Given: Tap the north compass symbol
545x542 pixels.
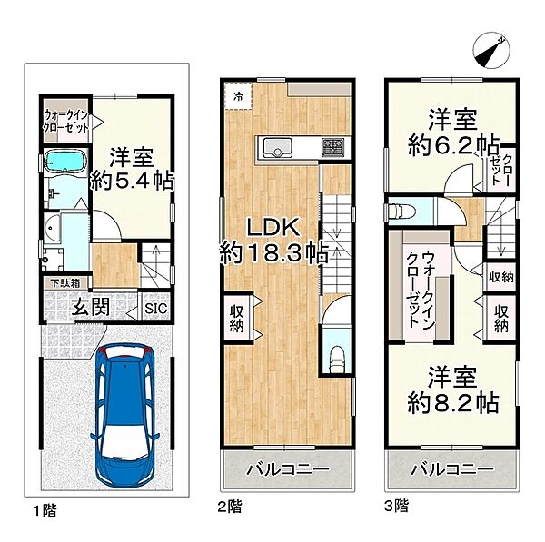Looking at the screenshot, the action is (x=491, y=52).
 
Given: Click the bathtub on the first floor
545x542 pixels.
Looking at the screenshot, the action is (x=66, y=162).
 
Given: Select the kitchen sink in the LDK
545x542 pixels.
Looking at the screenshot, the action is (x=277, y=148).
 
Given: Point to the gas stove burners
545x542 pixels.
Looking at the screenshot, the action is (x=333, y=146).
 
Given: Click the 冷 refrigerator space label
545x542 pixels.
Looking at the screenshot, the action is (x=238, y=96).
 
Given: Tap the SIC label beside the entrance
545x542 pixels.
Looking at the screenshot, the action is (x=156, y=308).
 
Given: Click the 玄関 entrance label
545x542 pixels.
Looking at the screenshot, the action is (x=90, y=307).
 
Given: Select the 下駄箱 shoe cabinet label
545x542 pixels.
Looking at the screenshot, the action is (x=65, y=283).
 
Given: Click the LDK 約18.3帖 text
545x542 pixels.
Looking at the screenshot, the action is (x=273, y=241).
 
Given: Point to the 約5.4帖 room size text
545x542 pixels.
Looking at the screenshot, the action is (x=132, y=181).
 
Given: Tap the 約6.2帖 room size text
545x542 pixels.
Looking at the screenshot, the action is (x=453, y=145).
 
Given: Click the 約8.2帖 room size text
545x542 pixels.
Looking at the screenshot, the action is (x=453, y=402).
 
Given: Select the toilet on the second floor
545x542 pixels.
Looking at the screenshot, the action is (x=336, y=360).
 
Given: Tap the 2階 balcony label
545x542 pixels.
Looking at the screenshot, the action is (x=288, y=469).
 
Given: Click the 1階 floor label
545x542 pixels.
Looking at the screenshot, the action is (x=45, y=511).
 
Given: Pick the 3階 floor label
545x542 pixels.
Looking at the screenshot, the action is (x=397, y=506).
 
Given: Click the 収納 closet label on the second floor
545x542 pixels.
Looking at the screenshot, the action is (x=236, y=319).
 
